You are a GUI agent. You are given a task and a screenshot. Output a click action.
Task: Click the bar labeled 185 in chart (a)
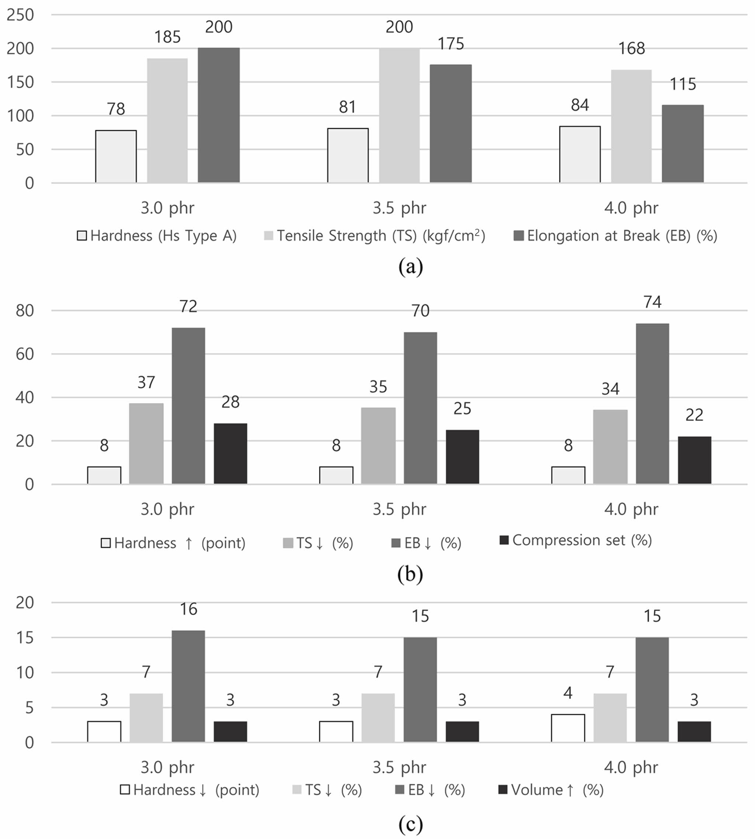click(167, 120)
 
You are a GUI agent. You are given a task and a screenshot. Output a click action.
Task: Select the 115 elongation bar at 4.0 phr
click(682, 143)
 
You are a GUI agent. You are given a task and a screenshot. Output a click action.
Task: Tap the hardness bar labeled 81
click(348, 155)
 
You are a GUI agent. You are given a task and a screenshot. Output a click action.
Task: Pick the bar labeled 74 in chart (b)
click(652, 403)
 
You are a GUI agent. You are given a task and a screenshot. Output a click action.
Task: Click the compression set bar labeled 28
click(230, 453)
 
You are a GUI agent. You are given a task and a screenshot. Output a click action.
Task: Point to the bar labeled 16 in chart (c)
click(188, 686)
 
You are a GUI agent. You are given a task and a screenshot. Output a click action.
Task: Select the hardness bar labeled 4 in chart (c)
click(568, 728)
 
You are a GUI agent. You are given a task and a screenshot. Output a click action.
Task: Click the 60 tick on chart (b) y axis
click(24, 354)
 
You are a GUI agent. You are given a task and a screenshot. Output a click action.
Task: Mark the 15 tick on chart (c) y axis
click(24, 638)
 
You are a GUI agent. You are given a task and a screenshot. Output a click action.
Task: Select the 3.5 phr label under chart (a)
click(399, 208)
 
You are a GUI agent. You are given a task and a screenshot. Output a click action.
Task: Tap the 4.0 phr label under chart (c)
click(631, 767)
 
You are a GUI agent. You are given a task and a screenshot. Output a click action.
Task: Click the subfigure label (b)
click(410, 574)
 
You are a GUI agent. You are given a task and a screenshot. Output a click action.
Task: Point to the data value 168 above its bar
click(631, 49)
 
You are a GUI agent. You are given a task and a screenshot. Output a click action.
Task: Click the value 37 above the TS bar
click(146, 382)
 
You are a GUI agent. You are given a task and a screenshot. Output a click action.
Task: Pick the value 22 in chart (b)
click(694, 415)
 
